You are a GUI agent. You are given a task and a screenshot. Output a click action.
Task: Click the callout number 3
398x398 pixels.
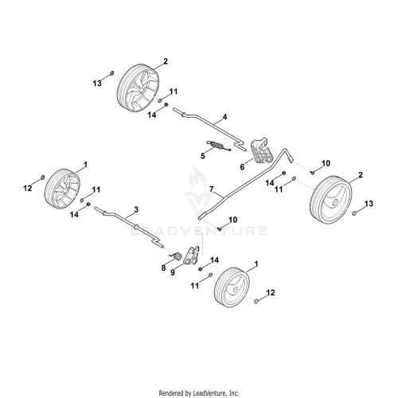[136, 209]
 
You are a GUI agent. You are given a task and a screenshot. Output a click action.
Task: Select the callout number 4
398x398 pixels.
[224, 117]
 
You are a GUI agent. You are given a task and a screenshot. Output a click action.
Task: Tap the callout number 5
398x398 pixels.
[203, 156]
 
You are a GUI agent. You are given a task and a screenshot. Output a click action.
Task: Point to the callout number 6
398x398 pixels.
[242, 167]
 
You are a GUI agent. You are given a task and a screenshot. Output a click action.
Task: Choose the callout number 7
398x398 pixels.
[212, 189]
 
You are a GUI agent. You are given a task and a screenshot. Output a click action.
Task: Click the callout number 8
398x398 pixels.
[163, 267]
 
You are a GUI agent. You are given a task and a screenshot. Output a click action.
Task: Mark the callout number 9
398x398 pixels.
[173, 272]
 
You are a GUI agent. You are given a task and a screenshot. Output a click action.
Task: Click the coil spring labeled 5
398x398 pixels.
[219, 146]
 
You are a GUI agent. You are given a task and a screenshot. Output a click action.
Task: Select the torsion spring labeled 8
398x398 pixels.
[176, 256]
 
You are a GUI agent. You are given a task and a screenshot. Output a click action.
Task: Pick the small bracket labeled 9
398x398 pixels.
[193, 256]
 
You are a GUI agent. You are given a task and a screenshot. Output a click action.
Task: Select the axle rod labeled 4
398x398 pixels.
[209, 129]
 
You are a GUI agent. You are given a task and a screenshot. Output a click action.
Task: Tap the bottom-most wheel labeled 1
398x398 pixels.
[232, 287]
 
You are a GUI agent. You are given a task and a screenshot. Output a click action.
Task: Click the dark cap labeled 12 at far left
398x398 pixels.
[42, 178]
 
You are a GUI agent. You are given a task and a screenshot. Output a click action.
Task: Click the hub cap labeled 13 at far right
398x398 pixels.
[354, 213]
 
